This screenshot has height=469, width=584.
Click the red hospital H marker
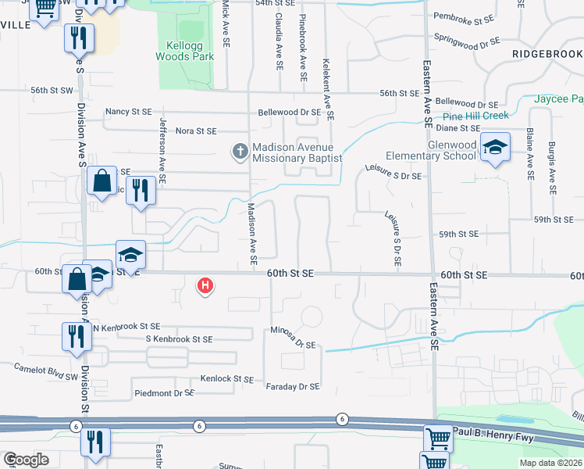[x=205, y=286]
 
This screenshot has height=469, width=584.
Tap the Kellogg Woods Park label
[x=184, y=51]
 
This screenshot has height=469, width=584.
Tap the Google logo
[x=26, y=460]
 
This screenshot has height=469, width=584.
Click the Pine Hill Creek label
[x=475, y=116]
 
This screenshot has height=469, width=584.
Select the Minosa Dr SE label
[x=294, y=338]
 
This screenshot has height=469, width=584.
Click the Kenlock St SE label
[x=226, y=378]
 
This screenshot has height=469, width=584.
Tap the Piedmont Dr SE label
[x=164, y=393]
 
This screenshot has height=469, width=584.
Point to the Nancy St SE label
[x=129, y=112]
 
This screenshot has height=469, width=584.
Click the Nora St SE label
[x=196, y=131]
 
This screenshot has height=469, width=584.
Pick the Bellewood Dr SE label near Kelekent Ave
[x=290, y=112]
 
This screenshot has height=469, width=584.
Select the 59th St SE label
[x=458, y=234]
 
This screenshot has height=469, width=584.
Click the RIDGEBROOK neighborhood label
[x=547, y=53]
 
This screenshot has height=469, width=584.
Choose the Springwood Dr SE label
[x=465, y=38]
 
